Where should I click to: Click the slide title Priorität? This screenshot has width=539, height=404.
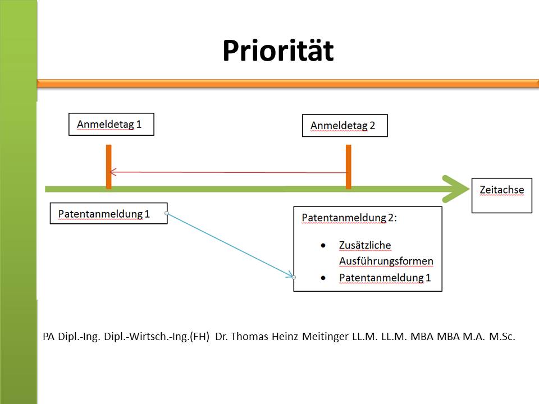coord(278,51)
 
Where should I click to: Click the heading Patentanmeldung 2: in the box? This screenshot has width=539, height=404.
coord(349,218)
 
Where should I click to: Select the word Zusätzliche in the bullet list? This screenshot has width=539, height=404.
coord(365,245)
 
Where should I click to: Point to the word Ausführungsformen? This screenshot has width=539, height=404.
coord(386,261)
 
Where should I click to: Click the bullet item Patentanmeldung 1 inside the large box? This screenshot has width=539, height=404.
coord(385,278)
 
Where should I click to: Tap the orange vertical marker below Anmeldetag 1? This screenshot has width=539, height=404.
coord(108,167)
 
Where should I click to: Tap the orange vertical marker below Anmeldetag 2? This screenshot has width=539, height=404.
coord(349,167)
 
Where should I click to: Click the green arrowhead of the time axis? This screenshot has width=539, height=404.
coord(456,189)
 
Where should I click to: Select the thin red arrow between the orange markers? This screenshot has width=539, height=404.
coord(227,172)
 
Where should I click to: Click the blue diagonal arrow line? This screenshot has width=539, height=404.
coord(230,245)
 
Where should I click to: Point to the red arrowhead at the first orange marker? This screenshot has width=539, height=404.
coord(113,172)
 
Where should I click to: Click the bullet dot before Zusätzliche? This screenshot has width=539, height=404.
coord(323,245)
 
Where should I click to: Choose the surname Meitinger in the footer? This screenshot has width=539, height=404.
coord(325,336)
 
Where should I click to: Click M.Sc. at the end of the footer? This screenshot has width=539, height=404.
coord(502,336)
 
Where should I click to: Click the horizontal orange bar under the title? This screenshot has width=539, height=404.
coord(287,84)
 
